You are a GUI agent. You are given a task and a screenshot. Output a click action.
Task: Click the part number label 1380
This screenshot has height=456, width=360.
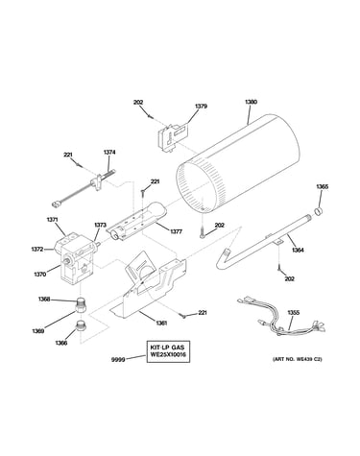coord(251,102)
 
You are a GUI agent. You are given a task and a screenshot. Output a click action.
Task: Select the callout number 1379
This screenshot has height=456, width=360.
coord(201,107)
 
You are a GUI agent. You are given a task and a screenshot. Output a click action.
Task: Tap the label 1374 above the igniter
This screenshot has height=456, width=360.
coord(109,153)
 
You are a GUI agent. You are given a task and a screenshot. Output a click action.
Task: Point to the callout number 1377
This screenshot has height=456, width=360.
coord(176,231)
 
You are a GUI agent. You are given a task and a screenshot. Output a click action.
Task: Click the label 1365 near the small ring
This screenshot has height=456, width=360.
coord(323,186)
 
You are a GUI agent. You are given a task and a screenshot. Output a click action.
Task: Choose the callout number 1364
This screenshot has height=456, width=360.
coord(298,251)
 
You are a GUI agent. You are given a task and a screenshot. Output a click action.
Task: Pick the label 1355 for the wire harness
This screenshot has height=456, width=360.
coord(293,313)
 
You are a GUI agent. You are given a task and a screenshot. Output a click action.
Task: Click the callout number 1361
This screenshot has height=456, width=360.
coord(161,323)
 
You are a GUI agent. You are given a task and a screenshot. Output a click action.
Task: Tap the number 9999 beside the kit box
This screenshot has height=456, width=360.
coord(118,360)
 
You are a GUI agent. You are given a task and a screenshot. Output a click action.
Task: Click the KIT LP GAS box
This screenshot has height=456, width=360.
coord(168,351)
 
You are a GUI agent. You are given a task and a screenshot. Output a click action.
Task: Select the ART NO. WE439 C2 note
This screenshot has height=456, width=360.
coord(297,359)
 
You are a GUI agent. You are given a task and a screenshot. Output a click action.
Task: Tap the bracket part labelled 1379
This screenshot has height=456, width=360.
coord(173,136)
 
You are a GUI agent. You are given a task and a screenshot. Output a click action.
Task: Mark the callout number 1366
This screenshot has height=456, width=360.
coord(60,344)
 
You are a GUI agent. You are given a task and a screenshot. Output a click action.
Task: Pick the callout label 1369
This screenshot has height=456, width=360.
coord(37,330)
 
